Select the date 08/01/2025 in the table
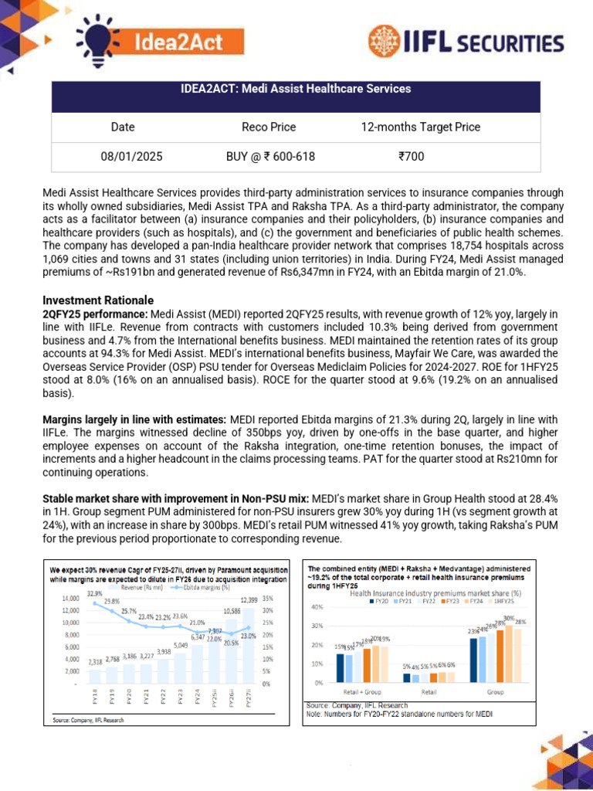[x=131, y=156]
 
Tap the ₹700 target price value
[x=411, y=156]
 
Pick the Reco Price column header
[x=269, y=127]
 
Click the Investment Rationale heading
[x=98, y=300]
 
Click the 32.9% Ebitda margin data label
[x=94, y=593]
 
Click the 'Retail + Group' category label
[x=354, y=692]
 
